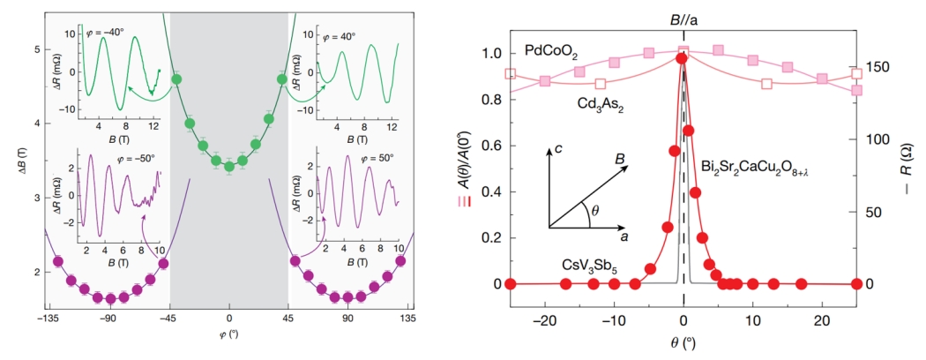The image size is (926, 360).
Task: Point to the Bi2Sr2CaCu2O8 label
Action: tap(755, 168)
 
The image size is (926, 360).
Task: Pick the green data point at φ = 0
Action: tap(229, 166)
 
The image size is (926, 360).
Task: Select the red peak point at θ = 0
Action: tap(681, 58)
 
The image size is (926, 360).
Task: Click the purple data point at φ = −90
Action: tap(111, 297)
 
